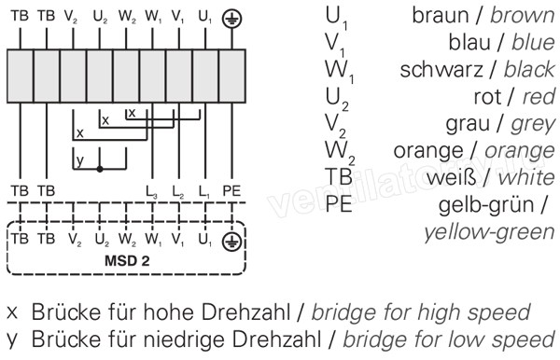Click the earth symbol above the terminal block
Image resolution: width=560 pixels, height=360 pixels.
231,19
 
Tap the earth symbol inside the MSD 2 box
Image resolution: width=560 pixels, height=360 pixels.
231,242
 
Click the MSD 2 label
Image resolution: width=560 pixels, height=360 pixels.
127,261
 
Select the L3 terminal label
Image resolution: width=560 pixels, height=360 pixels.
151,191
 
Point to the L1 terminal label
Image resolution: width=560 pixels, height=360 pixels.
203,191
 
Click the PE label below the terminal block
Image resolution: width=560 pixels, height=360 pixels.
231,191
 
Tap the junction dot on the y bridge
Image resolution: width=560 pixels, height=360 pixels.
100,169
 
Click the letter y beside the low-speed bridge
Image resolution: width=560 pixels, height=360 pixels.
80,161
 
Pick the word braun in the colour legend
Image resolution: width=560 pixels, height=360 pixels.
441,15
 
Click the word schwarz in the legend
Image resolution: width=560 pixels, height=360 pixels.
441,70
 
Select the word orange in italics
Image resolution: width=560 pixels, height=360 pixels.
520,151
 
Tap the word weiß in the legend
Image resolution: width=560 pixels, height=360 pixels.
452,178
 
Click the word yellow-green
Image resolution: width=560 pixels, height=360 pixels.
490,232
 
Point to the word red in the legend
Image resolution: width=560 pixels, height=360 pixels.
539,97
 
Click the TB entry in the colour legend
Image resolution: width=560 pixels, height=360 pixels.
338,177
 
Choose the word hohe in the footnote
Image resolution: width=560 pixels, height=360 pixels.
170,312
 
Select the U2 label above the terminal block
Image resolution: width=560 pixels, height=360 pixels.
100,17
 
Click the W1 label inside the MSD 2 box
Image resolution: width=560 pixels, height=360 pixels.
153,240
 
